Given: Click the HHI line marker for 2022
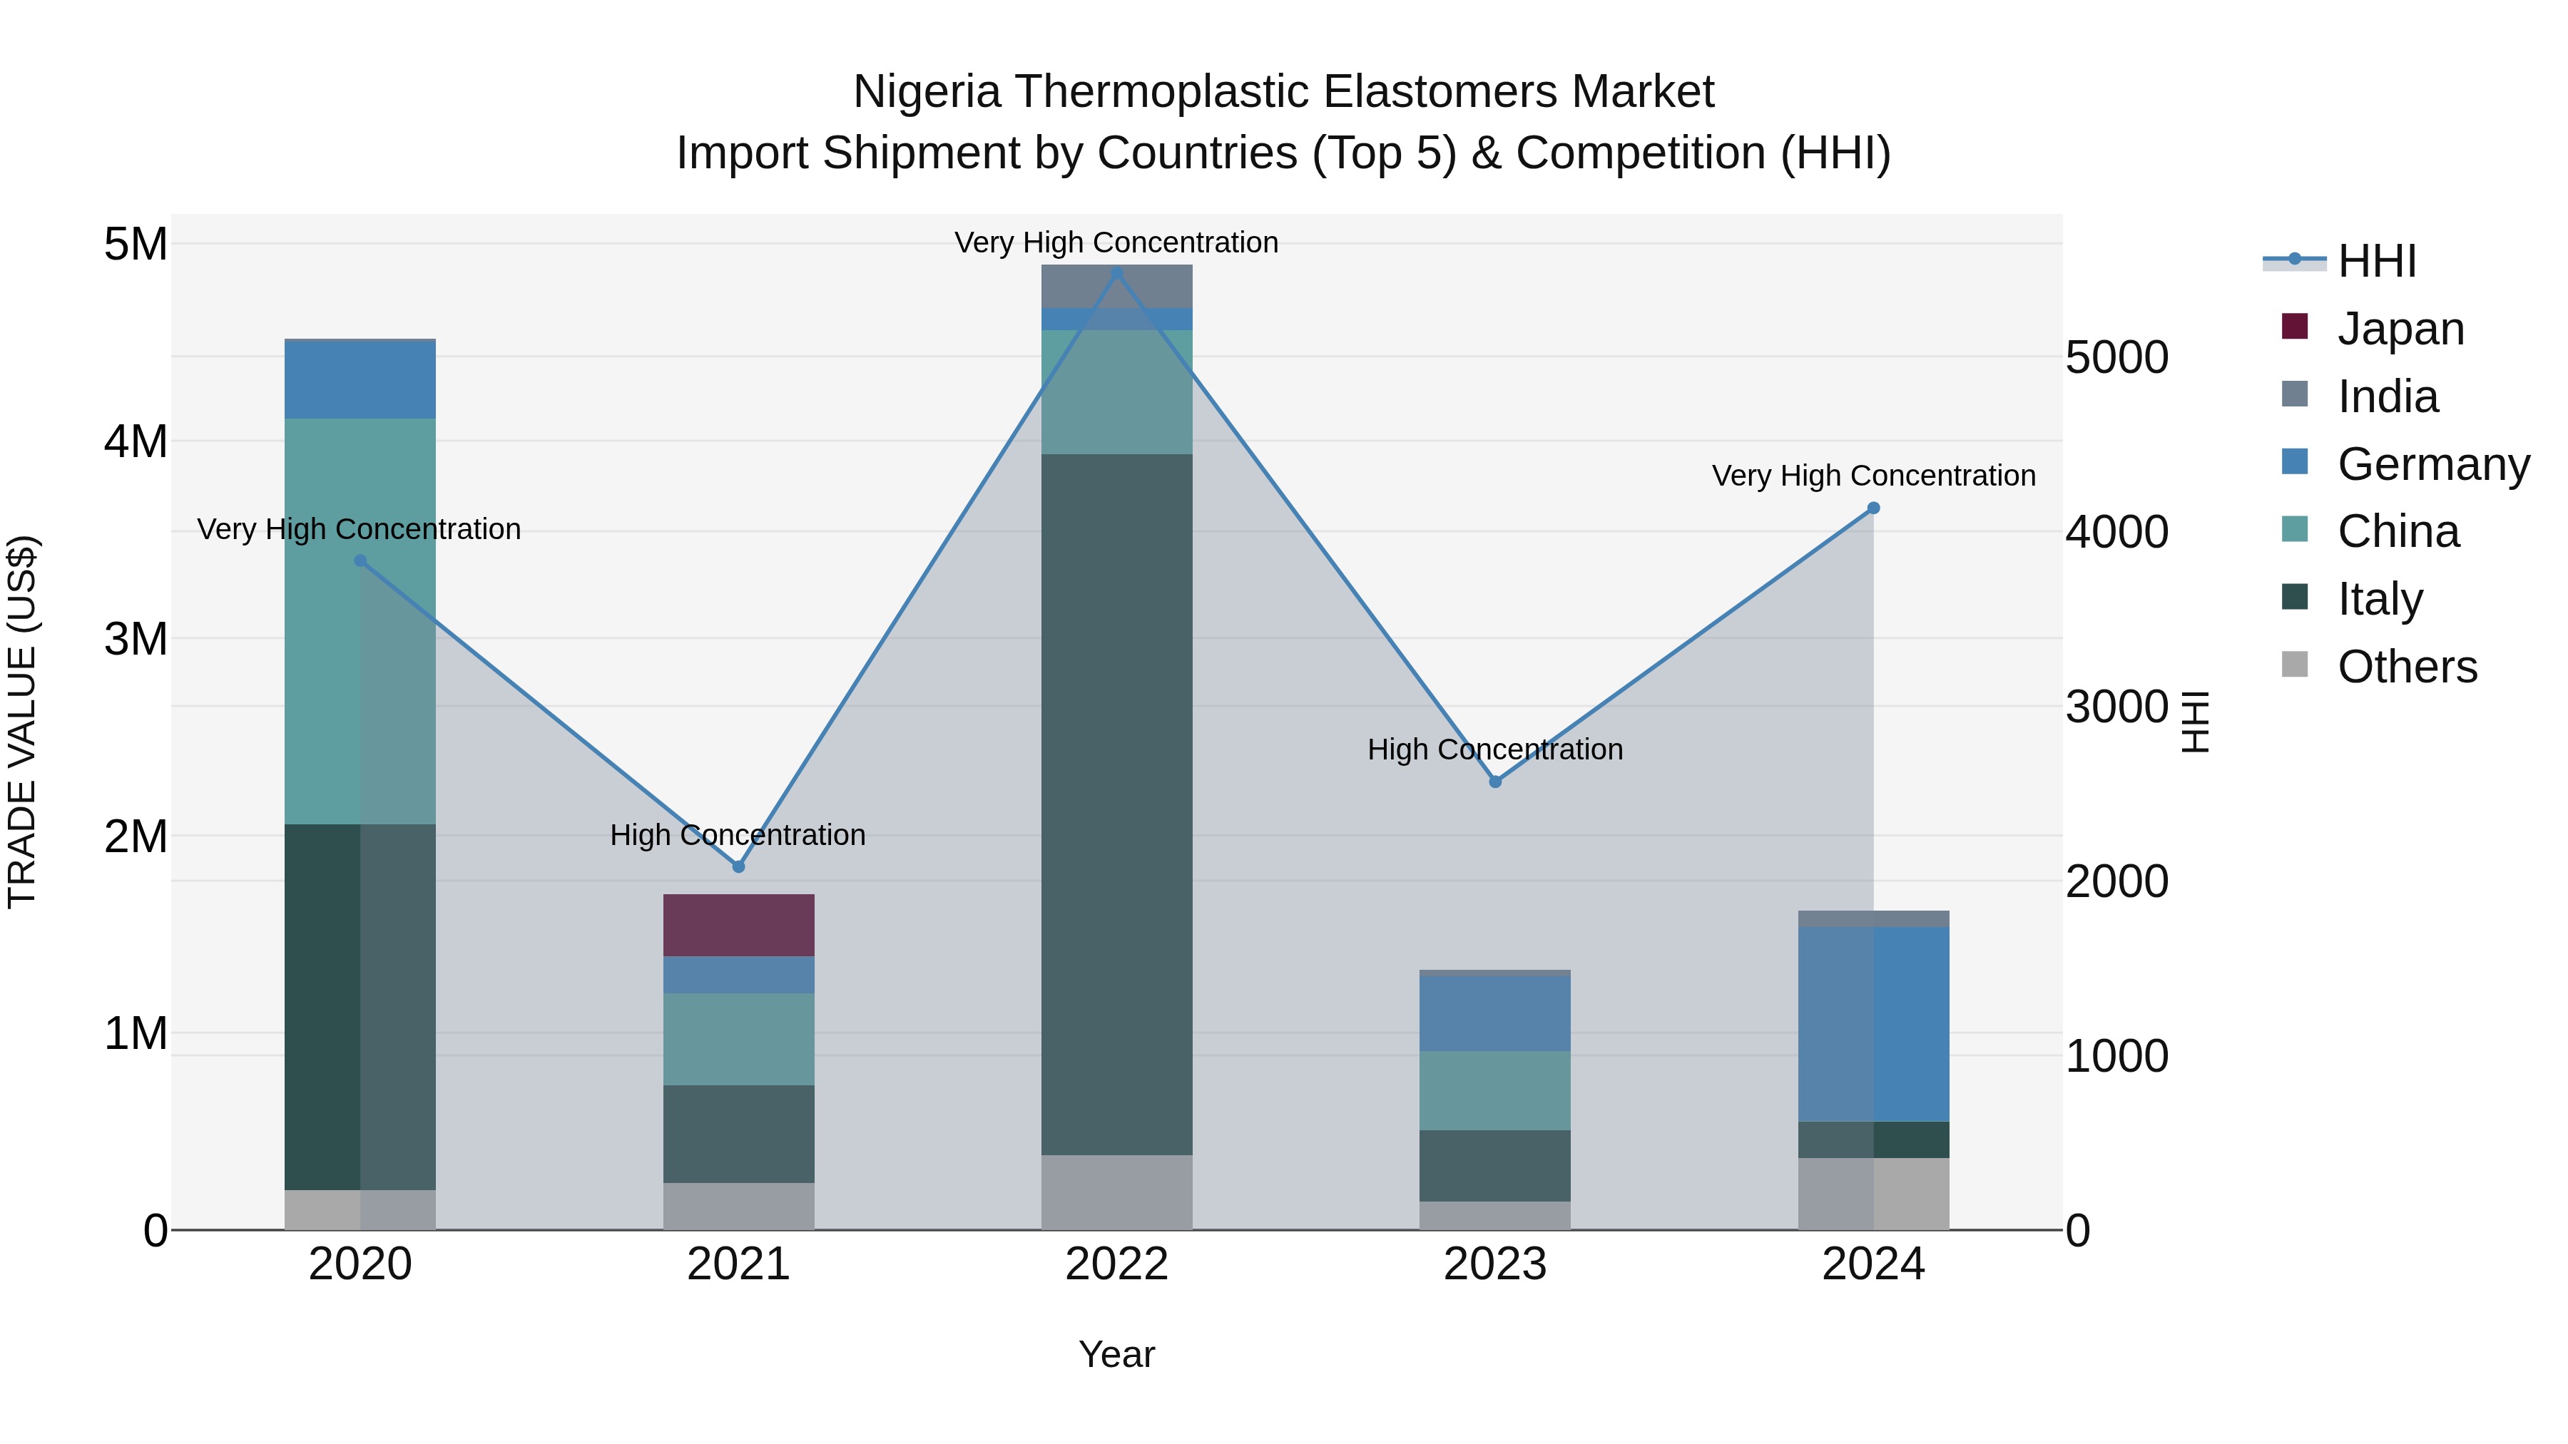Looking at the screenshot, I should [1116, 273].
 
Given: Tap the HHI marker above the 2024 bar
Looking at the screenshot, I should [1873, 508].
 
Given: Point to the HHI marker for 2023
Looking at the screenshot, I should [1495, 782].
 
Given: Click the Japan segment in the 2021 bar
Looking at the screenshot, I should [739, 925].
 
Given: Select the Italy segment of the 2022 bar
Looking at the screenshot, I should [1116, 804].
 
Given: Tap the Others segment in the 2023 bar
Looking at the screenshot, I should [1495, 1215].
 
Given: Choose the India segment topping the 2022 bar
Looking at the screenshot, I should [1116, 286].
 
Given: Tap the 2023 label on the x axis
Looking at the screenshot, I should [1495, 1264].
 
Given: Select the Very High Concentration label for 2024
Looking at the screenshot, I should [1873, 476].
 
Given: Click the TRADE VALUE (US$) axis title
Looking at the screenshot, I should [22, 722].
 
